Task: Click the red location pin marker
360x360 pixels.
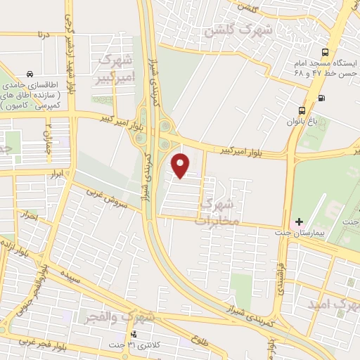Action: (181, 165)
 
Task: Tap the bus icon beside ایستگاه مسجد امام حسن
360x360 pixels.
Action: (324, 52)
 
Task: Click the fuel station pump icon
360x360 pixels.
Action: (321, 98)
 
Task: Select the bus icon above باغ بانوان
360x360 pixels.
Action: (302, 110)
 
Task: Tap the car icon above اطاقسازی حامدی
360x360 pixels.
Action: (30, 73)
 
